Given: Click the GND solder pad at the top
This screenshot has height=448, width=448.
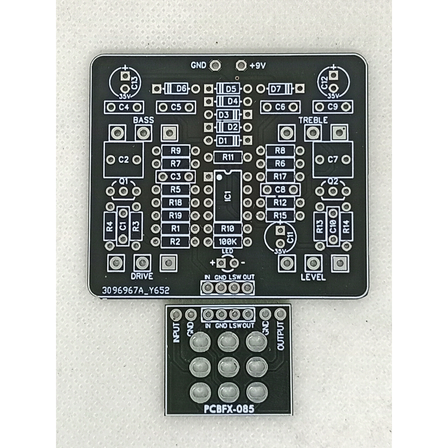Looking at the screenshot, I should point(215,65).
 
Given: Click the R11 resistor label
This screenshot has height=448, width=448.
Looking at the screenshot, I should point(228,157).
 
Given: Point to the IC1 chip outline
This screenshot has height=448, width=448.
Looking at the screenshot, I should point(227,196).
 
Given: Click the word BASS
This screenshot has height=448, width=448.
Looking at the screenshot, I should point(144,120).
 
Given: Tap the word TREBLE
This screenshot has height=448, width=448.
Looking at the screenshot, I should point(313,120).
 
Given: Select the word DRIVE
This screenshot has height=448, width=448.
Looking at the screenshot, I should point(142,276).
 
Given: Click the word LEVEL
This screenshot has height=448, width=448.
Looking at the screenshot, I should point(313,277).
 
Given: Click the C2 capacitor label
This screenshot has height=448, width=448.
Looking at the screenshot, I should point(124,160).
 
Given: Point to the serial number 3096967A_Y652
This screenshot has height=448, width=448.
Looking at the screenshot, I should point(135,290).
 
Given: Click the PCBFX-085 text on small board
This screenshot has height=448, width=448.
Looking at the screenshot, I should point(229,409).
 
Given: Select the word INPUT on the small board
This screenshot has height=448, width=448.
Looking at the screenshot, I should point(176,332).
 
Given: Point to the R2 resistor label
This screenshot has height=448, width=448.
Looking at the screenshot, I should point(175,241).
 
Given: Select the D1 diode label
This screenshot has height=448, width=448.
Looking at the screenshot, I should point(223,140).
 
